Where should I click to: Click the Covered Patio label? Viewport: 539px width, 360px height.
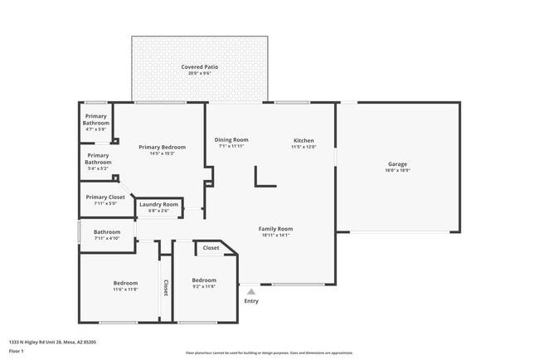[200, 66]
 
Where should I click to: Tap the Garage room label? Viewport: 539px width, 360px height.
[397, 163]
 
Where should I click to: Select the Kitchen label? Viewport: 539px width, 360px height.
[303, 140]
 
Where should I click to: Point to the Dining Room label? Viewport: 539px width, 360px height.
[231, 139]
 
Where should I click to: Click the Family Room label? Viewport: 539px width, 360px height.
[275, 229]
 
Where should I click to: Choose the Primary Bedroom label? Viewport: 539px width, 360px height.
[162, 147]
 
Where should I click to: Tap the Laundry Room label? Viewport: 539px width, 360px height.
[158, 204]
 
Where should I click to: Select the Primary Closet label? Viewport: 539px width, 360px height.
[106, 197]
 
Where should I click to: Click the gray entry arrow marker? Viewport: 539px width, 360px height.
[251, 291]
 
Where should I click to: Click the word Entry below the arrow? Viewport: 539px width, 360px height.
[251, 301]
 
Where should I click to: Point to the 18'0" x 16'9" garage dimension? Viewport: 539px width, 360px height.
[397, 170]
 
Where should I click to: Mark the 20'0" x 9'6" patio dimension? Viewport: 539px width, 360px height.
[200, 73]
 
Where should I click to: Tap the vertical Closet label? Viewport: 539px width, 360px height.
[165, 287]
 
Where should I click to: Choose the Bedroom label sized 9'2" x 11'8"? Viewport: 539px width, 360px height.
[203, 280]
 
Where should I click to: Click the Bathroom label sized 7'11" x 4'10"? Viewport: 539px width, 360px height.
[107, 232]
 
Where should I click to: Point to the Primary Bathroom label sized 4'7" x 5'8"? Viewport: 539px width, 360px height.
[96, 119]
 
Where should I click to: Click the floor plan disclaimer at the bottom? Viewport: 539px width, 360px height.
[269, 353]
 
